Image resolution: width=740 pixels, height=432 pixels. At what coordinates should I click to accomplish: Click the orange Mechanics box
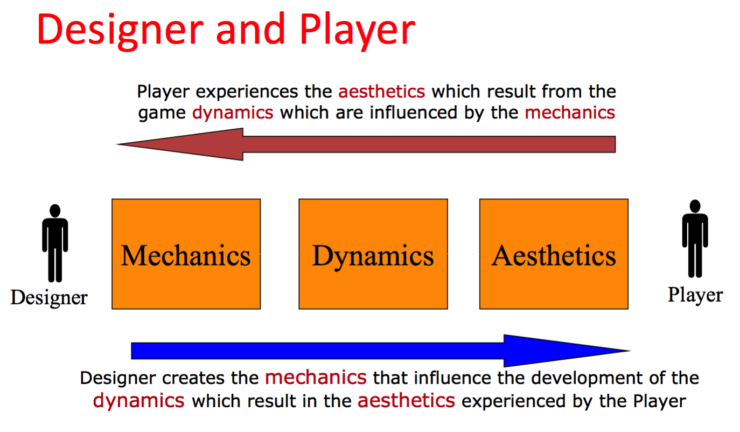tap(186, 254)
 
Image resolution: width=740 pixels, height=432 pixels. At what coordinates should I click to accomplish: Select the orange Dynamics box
tap(373, 254)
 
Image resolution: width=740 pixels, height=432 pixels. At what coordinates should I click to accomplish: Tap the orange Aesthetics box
tap(554, 254)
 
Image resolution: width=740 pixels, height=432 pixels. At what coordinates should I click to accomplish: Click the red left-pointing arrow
tap(366, 144)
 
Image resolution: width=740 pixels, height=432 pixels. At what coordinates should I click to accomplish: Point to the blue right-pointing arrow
tap(381, 351)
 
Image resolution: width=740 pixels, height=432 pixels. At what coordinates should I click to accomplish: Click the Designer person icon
tap(55, 243)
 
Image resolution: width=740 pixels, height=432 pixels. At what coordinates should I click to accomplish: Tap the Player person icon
tap(695, 239)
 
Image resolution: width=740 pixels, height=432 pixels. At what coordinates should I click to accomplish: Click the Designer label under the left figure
tap(49, 297)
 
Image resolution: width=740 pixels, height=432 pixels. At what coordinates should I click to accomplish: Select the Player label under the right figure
tap(695, 295)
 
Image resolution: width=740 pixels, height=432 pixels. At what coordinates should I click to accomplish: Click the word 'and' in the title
tap(251, 29)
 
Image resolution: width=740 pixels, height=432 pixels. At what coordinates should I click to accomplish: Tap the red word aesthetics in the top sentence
tap(381, 91)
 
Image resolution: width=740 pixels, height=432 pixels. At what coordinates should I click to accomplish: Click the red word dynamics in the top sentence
tap(233, 113)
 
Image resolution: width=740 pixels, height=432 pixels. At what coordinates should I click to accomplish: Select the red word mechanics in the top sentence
tap(570, 113)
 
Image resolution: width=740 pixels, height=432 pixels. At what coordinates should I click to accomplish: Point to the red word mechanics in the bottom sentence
tap(316, 378)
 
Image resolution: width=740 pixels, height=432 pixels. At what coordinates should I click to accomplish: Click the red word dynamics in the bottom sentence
tap(139, 401)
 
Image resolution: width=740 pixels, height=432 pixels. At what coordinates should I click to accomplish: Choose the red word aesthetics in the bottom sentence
tap(406, 401)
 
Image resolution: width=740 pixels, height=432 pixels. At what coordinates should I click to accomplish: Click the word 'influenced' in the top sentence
tap(413, 113)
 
